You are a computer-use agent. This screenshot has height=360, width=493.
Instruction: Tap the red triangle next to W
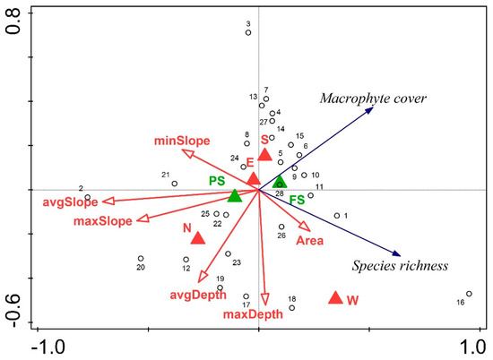(335, 298)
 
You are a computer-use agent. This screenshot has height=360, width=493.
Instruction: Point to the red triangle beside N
(198, 237)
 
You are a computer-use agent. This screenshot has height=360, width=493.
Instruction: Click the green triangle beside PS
(235, 196)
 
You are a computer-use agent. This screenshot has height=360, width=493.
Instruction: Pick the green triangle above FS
(280, 182)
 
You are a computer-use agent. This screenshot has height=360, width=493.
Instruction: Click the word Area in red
(310, 241)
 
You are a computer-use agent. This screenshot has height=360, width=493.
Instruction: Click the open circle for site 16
(469, 294)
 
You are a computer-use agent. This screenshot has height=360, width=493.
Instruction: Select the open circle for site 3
(248, 32)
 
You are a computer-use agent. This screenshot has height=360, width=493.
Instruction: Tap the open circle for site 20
(141, 259)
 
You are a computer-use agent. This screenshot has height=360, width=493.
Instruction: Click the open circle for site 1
(337, 216)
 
